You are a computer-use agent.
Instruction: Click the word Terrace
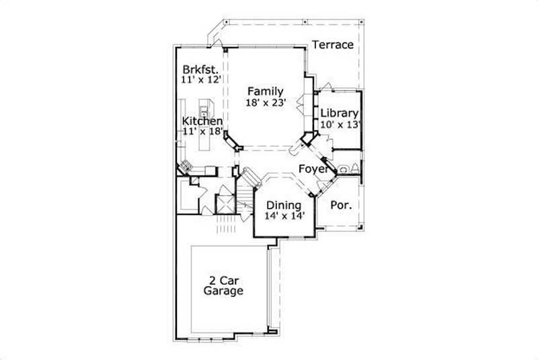tap(332, 45)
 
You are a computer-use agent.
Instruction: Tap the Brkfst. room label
tap(198, 69)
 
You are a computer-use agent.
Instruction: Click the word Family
tap(264, 92)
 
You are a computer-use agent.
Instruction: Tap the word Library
tap(339, 113)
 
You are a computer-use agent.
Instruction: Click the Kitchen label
tap(202, 121)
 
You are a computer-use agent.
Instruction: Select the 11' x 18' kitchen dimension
tap(202, 132)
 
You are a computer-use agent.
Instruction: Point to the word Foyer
tap(313, 169)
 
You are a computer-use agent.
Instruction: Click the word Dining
tap(282, 205)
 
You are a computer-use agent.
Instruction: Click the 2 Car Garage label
tap(223, 286)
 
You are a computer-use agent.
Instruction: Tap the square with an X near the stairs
tap(224, 203)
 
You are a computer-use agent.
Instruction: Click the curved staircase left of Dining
tap(251, 179)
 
